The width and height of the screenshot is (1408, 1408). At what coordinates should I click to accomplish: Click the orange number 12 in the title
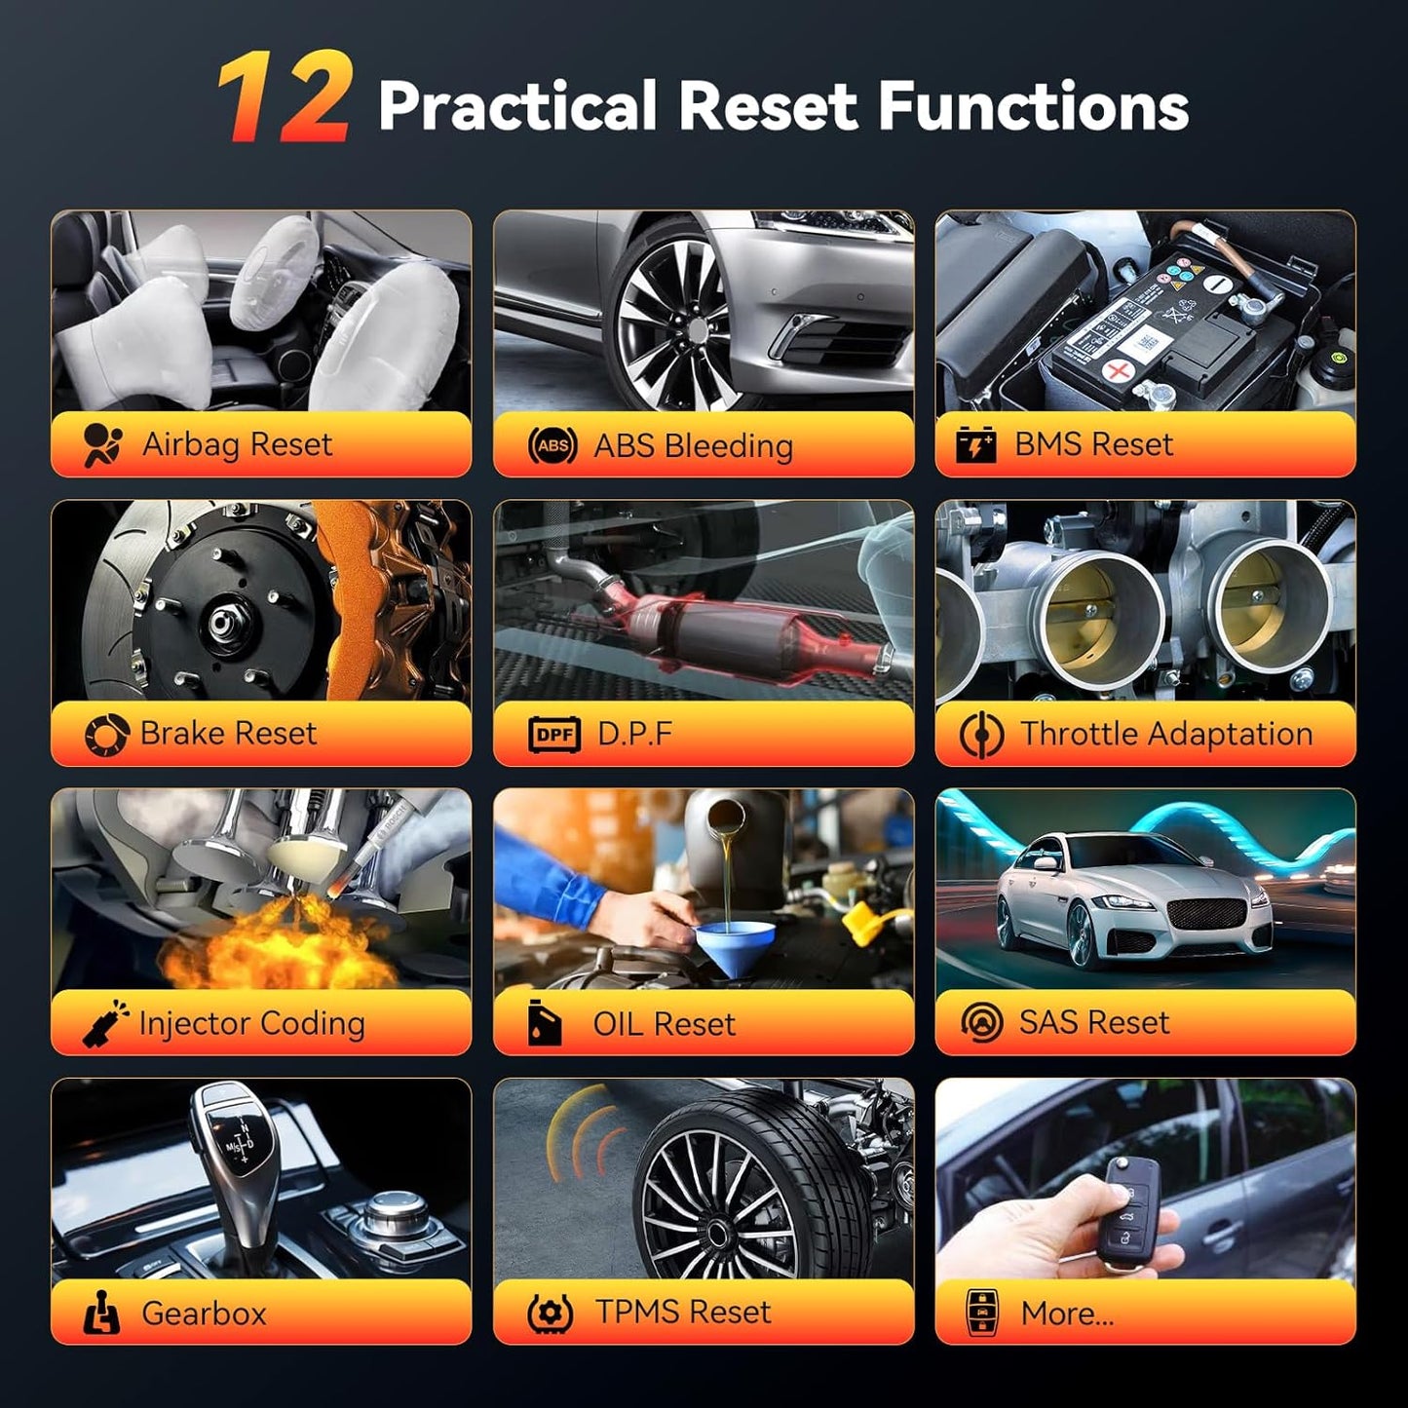284,97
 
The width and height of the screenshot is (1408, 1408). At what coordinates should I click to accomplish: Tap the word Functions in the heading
1033,106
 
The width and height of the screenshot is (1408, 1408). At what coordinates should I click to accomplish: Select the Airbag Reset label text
238,444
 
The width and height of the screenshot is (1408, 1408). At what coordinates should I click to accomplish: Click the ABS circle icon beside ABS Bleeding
552,445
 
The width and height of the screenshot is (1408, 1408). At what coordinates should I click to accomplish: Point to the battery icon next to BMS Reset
975,445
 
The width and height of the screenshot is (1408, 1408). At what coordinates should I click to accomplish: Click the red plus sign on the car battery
1118,371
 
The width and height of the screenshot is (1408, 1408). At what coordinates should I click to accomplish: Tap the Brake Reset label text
229,733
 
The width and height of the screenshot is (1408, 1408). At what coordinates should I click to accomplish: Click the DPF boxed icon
554,735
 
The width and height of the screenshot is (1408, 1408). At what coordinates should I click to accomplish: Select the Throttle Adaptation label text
1166,734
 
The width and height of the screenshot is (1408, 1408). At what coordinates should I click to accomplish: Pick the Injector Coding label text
252,1024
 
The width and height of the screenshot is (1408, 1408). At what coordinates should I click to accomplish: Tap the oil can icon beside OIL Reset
545,1022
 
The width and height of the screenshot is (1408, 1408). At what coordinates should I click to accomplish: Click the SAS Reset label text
1094,1022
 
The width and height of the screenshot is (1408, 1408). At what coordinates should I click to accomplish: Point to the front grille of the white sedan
1206,914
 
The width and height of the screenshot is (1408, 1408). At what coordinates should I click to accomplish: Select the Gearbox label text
204,1313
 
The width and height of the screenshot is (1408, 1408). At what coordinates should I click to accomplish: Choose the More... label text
1068,1313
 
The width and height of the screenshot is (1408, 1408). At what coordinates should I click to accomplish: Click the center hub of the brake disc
220,623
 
